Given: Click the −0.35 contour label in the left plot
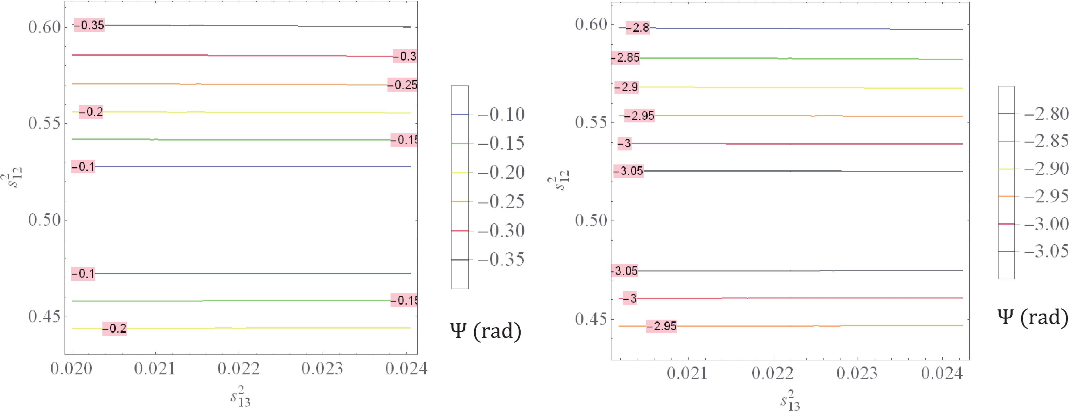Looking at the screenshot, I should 89,25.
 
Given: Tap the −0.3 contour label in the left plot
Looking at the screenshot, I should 405,56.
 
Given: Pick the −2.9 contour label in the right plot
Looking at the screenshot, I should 626,87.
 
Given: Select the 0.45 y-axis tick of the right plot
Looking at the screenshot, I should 591,319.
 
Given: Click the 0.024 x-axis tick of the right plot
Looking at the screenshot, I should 942,373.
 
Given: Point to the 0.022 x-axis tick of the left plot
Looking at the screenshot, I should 239,369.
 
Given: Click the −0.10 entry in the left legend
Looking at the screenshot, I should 501,114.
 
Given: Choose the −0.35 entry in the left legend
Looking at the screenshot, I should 501,260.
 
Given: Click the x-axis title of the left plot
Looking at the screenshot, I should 241,396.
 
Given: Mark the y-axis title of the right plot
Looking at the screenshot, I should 558,184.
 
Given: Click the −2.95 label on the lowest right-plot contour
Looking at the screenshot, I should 662,326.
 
